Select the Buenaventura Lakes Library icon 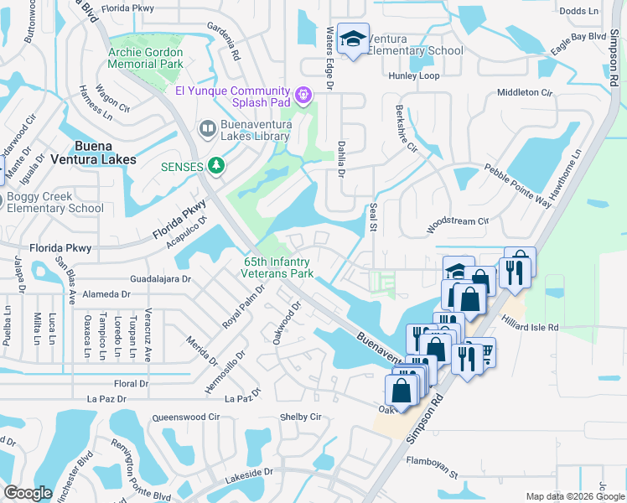click(x=206, y=128)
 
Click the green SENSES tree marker click(x=217, y=166)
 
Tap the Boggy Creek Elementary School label click(x=55, y=202)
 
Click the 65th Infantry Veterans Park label click(x=277, y=267)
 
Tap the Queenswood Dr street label click(x=183, y=417)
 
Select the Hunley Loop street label click(x=414, y=75)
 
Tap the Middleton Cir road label click(x=526, y=92)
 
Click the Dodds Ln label click(x=579, y=10)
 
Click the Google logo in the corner click(x=28, y=493)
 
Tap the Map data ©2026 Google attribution click(x=574, y=496)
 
